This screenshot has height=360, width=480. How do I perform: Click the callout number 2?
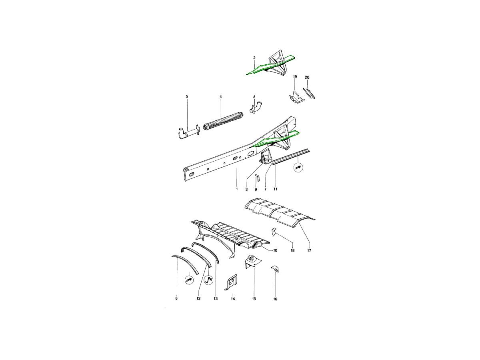[254, 58]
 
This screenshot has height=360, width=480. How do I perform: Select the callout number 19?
[295, 76]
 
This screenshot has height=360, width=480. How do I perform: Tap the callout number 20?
[307, 77]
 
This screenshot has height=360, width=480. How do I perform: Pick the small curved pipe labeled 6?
[256, 108]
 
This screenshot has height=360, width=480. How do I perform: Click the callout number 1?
[236, 189]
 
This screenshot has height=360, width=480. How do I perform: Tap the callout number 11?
[275, 189]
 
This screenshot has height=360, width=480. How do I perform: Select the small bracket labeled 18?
[274, 232]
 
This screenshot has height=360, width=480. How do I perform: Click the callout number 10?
[275, 251]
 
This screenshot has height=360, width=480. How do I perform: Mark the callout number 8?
[176, 298]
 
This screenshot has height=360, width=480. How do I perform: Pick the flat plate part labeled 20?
[309, 94]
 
